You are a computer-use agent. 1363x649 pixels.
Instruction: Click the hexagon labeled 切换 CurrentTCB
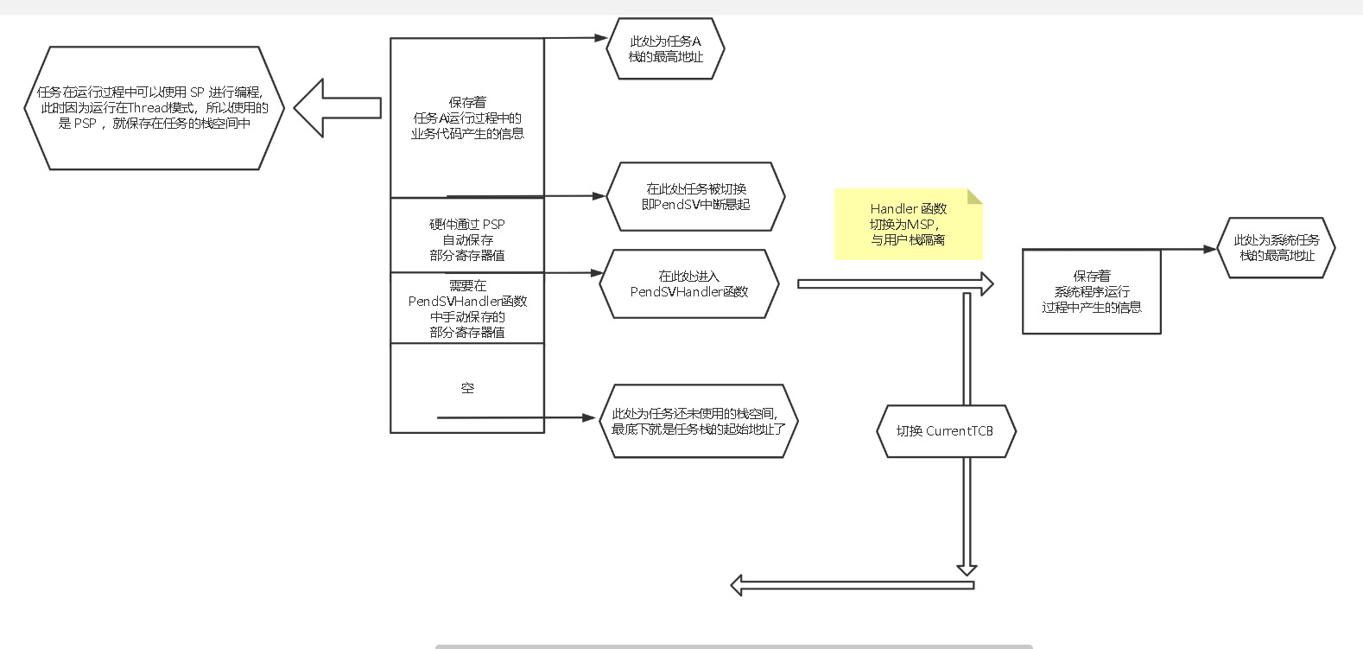(x=946, y=431)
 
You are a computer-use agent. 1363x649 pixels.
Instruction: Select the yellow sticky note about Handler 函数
(x=907, y=225)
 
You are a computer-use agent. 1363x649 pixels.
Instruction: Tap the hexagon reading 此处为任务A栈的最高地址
(x=665, y=49)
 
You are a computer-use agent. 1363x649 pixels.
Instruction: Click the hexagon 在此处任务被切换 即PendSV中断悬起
(x=695, y=197)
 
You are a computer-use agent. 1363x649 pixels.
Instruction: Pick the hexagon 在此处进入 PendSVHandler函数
(x=688, y=284)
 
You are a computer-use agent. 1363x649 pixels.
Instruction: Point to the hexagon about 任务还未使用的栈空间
(x=698, y=422)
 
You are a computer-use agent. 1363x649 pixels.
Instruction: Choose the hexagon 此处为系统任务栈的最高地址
(x=1276, y=248)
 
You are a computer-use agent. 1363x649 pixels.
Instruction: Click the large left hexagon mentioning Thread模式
(x=154, y=108)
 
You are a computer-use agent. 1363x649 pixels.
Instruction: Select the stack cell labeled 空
(x=467, y=388)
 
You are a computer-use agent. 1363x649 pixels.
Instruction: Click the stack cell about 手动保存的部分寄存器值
(x=467, y=309)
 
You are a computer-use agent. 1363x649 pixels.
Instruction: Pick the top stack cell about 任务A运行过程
(x=467, y=118)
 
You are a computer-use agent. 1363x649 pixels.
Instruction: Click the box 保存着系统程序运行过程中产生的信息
(x=1091, y=292)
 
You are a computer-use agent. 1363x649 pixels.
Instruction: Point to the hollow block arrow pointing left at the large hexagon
(x=337, y=108)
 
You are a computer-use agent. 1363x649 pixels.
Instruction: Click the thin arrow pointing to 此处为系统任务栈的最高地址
(x=1188, y=250)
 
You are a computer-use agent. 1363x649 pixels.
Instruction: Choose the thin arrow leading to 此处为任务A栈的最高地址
(x=575, y=38)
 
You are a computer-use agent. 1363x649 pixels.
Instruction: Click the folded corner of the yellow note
(x=975, y=196)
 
